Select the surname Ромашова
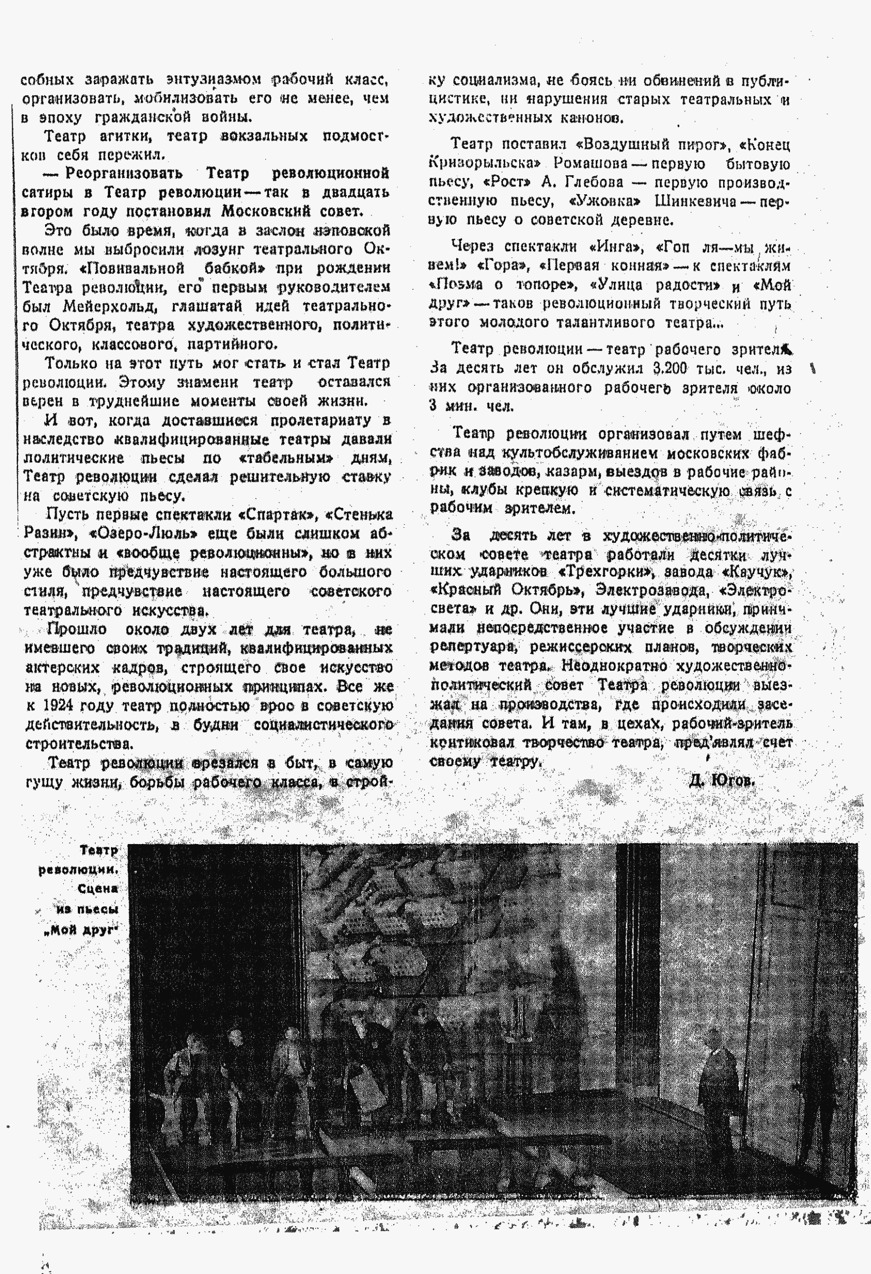pyautogui.click(x=590, y=163)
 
